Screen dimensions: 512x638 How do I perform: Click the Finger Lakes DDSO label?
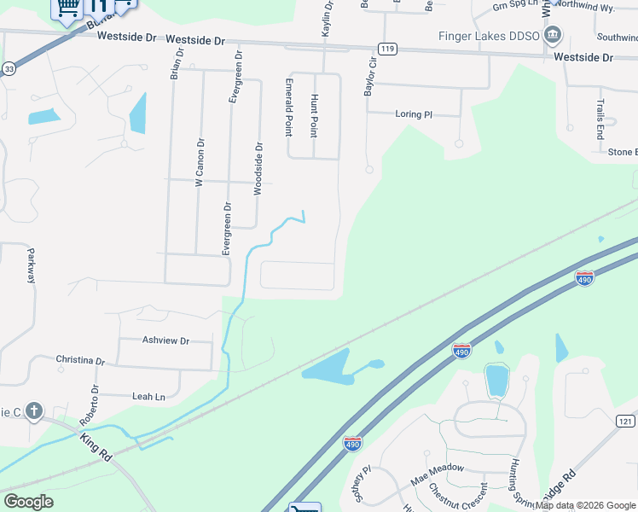click(489, 36)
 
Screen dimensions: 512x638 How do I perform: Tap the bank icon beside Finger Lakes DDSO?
click(554, 35)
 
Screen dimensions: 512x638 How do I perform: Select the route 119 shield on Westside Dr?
click(388, 49)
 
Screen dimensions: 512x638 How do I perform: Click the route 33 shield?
click(9, 68)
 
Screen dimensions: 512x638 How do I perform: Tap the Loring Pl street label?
click(415, 114)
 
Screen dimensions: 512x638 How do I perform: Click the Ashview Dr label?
click(166, 340)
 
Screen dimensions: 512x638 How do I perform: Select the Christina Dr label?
click(80, 361)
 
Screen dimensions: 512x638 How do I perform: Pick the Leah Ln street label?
click(148, 397)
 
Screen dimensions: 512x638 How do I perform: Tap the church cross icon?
click(34, 412)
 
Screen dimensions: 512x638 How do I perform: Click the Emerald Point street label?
click(289, 108)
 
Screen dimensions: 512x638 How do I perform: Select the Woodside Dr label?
click(258, 168)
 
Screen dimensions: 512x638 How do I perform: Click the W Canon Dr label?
click(200, 163)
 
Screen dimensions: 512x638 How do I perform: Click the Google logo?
click(28, 502)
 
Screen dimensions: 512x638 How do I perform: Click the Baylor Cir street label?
click(370, 76)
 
